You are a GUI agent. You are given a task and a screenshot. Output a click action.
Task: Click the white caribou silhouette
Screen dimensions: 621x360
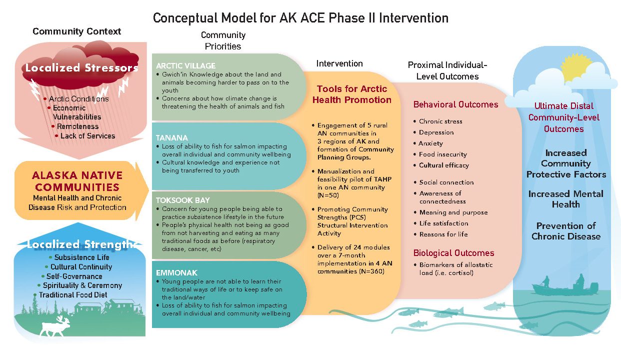click(55, 327)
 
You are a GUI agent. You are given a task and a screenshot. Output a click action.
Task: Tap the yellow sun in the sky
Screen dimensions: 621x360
click(577, 68)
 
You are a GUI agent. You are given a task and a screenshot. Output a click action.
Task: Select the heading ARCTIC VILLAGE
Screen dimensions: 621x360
click(185, 65)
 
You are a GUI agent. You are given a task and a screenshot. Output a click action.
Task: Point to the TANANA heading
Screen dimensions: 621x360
click(172, 137)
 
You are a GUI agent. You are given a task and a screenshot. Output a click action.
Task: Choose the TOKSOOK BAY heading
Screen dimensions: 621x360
click(183, 200)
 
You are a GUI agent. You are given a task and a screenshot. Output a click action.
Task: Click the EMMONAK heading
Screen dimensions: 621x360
click(176, 272)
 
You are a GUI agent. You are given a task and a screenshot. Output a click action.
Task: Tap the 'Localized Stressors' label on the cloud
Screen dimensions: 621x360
click(81, 67)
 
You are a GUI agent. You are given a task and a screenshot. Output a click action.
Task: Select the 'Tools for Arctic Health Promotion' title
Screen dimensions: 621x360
click(352, 94)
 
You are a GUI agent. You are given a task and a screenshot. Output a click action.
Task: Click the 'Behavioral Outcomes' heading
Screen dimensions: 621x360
click(456, 104)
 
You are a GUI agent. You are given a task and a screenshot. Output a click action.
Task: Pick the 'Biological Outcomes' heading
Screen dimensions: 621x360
click(454, 252)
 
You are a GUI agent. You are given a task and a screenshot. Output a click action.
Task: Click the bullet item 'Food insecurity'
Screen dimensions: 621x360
click(443, 154)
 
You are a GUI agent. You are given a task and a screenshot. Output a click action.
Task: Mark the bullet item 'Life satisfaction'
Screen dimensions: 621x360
click(444, 223)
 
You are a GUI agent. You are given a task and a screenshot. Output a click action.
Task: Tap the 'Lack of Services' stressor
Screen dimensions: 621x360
click(87, 136)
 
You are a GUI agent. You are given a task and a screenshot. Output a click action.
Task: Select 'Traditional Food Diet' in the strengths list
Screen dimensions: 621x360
click(73, 295)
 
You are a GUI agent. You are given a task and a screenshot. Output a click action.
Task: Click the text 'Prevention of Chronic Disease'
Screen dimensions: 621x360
click(566, 231)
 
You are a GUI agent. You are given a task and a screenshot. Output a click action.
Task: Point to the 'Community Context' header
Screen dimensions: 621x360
click(77, 31)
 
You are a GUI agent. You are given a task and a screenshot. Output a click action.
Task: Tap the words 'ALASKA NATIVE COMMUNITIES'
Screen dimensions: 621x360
click(77, 181)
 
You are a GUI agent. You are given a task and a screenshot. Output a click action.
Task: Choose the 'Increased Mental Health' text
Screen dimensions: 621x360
click(566, 199)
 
